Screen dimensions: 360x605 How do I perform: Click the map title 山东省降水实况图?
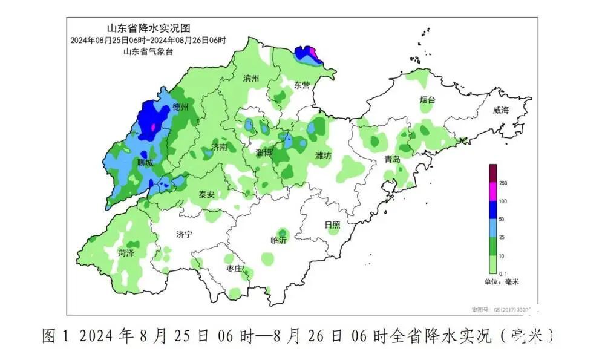point(148,28)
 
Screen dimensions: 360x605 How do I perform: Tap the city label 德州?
point(180,107)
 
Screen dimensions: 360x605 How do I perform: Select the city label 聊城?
point(145,162)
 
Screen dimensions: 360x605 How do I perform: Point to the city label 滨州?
point(250,79)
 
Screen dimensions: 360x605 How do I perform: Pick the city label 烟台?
point(427,100)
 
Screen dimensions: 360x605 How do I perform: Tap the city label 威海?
point(501,110)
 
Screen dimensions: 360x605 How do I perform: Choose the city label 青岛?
point(393,159)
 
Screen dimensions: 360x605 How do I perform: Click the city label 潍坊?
point(323,155)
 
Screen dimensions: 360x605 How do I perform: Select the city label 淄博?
point(264,152)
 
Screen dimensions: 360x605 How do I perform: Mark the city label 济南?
point(219,147)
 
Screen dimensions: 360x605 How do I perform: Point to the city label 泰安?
point(207,195)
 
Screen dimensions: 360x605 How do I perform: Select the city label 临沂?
point(279,240)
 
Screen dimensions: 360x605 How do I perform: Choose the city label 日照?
point(332,224)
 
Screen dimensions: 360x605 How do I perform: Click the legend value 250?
point(503,183)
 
